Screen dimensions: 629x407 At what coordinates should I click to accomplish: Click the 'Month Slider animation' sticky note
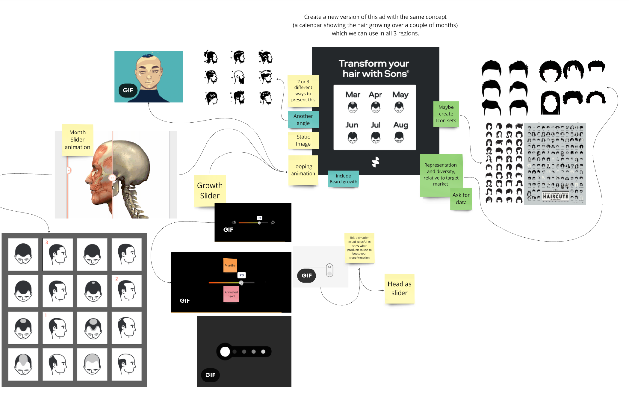(77, 140)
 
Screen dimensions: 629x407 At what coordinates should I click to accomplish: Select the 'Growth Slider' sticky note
(210, 191)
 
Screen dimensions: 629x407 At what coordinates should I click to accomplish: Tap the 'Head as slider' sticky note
(399, 288)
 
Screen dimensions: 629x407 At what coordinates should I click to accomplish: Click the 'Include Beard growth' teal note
(343, 179)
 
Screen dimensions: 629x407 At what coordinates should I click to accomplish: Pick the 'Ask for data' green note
(461, 199)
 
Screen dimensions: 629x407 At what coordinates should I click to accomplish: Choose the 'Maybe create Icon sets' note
(446, 114)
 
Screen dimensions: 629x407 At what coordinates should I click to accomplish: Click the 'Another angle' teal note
(303, 120)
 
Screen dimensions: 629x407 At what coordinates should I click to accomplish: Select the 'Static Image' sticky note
(303, 140)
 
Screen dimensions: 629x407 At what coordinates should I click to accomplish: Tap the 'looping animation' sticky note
(303, 170)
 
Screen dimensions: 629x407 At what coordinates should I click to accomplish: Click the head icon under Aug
(399, 137)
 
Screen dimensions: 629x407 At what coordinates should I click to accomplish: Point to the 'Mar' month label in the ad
(353, 95)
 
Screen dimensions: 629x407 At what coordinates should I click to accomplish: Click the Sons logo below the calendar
(375, 162)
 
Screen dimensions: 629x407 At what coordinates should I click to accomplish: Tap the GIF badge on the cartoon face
(128, 90)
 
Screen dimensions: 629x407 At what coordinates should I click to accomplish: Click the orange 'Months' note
(230, 265)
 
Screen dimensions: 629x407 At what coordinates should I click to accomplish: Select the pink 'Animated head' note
(231, 294)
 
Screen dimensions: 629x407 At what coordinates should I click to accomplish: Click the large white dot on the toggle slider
(225, 352)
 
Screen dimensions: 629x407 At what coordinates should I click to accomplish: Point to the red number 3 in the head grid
(47, 242)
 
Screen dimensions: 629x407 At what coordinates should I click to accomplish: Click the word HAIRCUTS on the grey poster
(555, 196)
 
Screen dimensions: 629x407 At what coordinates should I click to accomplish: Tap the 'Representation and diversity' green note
(441, 175)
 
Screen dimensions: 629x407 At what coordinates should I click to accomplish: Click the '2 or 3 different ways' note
(303, 90)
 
